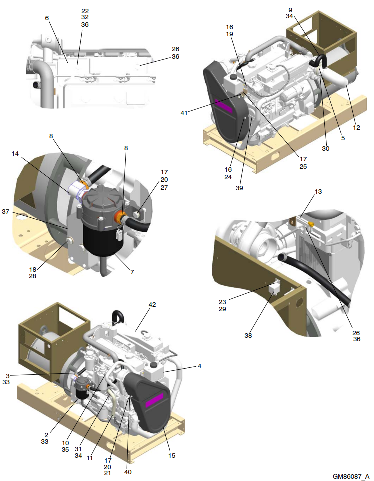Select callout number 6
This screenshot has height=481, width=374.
pos(47,18)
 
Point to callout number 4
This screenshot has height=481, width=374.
pos(199,366)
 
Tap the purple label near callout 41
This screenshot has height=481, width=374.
pos(224,106)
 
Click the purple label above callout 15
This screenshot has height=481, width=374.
pos(154,400)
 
